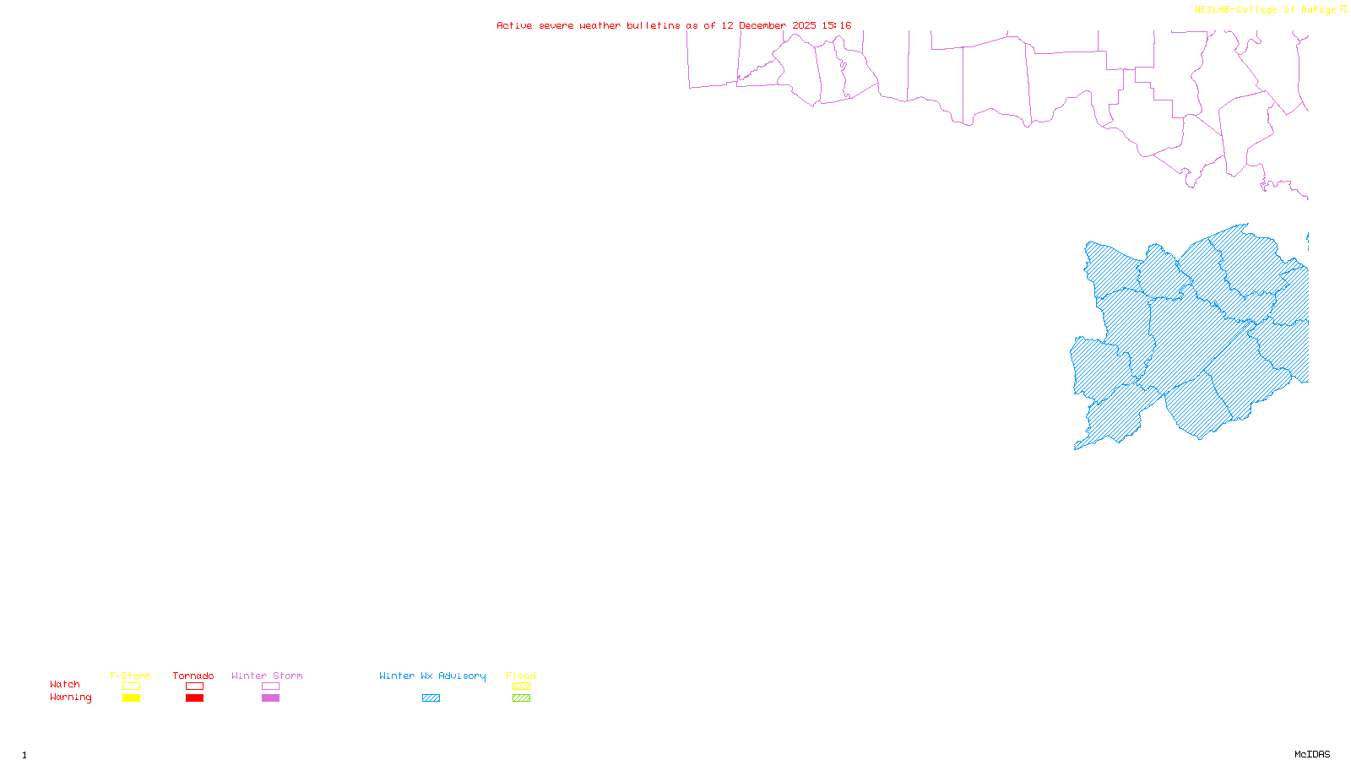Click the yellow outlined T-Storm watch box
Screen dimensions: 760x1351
click(131, 687)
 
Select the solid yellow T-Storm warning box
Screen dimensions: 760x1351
click(131, 698)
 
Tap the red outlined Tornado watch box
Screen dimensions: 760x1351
click(194, 687)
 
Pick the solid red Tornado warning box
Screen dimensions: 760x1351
click(194, 698)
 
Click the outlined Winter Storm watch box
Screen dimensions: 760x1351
click(270, 687)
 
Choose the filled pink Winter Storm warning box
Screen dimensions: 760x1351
click(270, 698)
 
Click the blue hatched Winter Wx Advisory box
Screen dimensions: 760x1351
click(431, 698)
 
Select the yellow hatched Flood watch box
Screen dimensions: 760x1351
click(521, 687)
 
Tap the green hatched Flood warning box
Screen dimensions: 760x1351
click(521, 698)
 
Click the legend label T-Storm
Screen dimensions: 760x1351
click(130, 676)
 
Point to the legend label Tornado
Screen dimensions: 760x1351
click(193, 676)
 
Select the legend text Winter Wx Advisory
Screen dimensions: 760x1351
click(432, 676)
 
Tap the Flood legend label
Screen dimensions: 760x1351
click(521, 676)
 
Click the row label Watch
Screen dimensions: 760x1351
click(65, 685)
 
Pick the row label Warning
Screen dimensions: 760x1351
click(70, 698)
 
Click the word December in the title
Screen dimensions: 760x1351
click(762, 25)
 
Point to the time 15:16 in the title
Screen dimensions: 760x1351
click(837, 25)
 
